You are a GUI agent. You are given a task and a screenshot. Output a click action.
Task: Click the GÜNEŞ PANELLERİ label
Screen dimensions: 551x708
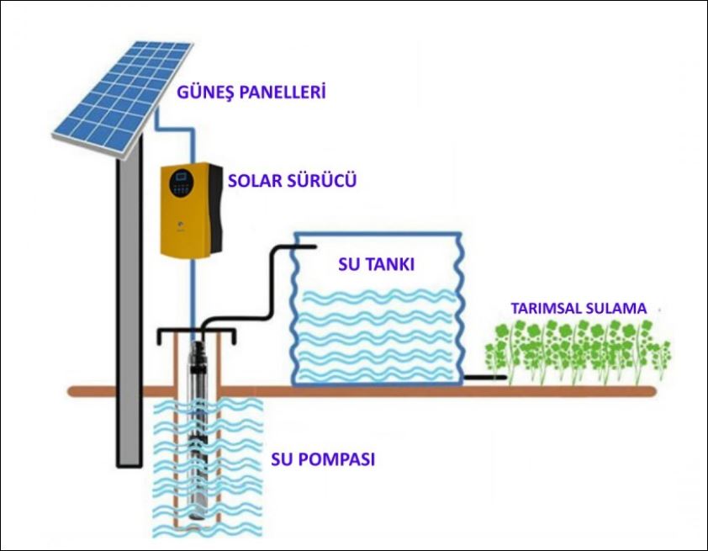coord(251,92)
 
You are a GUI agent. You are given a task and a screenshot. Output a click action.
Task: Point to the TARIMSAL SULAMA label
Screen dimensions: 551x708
coord(579,308)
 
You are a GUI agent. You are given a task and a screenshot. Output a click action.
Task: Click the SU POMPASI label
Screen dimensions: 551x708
coord(323,460)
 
